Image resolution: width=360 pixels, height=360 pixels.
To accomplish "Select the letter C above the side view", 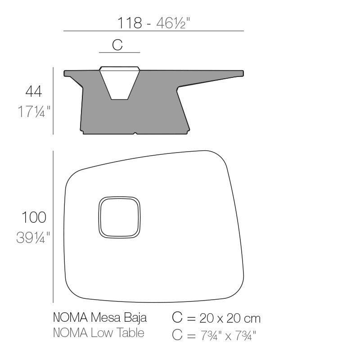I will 117,45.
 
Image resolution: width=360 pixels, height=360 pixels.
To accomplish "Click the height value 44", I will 33,91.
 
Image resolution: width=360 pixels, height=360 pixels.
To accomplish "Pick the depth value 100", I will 34,217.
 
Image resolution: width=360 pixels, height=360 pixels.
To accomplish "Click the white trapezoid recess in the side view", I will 119,83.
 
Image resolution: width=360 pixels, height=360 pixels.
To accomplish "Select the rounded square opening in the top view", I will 119,217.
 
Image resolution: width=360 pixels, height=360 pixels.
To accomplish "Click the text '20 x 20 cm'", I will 229,318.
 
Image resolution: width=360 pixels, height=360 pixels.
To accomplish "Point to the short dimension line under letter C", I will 119,52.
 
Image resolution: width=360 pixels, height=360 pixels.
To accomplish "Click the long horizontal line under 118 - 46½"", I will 153,31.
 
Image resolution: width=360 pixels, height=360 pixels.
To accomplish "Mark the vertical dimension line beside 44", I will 54,101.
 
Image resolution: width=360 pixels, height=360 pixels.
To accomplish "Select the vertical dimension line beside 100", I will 54,226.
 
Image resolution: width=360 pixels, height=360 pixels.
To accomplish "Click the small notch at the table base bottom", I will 135,133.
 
